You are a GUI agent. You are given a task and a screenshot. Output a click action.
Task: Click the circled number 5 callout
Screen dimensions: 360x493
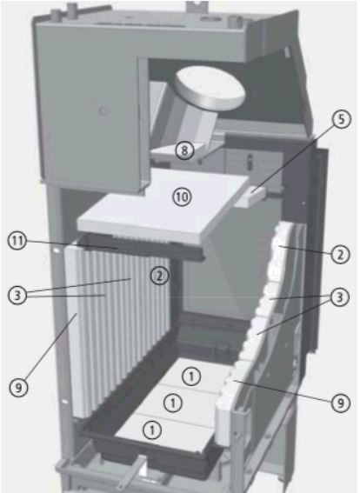342,120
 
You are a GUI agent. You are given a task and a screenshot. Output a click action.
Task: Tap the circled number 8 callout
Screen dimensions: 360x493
184,150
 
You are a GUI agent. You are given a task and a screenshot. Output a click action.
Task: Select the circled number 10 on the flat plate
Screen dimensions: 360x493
182,197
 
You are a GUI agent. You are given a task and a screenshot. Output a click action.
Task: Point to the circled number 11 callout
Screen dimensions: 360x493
17,241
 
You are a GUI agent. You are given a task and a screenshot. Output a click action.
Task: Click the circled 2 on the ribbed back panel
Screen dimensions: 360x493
159,276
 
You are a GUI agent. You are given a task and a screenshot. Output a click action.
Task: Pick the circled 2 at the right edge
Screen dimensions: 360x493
341,255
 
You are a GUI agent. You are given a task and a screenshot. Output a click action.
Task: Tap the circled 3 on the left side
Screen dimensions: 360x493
17,296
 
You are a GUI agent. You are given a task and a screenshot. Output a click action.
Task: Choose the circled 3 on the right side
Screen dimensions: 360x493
340,297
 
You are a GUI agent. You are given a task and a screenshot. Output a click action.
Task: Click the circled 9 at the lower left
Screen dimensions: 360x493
18,388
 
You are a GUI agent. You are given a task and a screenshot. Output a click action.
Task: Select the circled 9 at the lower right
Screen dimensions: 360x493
341,403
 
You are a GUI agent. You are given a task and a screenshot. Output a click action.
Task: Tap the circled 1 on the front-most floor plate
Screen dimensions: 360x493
152,430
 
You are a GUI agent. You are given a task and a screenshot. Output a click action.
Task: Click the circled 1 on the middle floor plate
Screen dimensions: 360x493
173,403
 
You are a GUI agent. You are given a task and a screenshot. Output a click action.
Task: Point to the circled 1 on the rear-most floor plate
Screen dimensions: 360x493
191,376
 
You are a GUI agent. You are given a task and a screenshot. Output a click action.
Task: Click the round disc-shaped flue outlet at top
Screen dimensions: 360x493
209,88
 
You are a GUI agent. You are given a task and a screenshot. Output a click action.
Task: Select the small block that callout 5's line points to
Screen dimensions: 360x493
250,197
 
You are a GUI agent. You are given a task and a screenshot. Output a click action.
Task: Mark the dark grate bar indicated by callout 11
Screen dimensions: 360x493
142,249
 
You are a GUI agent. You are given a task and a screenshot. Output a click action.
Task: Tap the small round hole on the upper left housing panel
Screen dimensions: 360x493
103,110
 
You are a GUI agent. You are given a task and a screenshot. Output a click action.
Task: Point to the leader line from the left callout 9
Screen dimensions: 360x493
50,347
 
